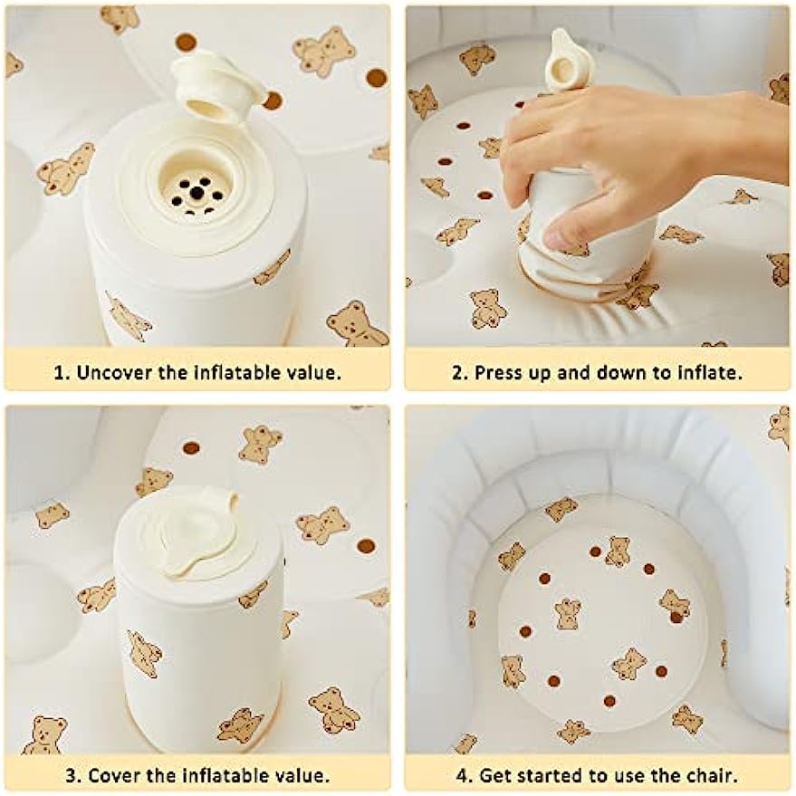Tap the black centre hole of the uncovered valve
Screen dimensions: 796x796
click(x=196, y=192)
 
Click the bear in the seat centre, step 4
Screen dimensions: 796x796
click(x=568, y=613)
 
